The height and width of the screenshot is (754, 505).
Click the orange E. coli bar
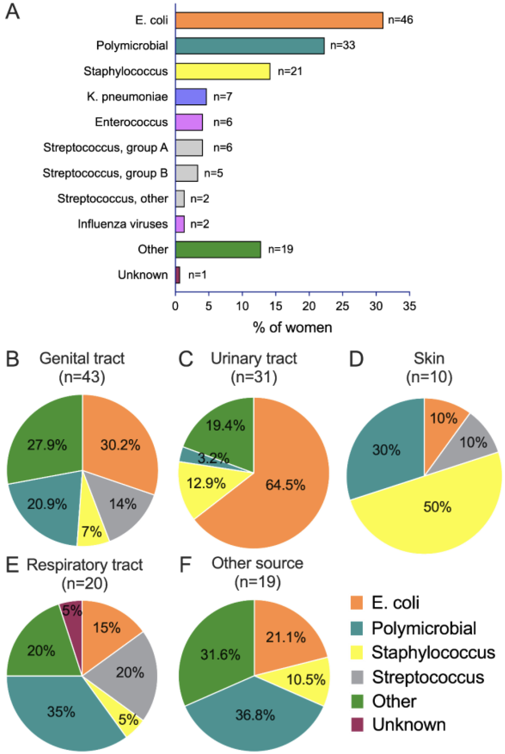click(x=279, y=20)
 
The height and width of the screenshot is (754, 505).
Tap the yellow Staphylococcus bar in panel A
click(x=223, y=71)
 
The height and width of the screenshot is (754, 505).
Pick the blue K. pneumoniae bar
click(x=191, y=97)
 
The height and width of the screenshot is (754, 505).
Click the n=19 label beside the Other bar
click(x=280, y=249)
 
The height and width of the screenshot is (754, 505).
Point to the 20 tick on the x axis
click(x=309, y=306)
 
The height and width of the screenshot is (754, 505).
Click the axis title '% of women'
click(x=292, y=327)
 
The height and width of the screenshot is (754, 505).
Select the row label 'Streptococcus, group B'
click(x=105, y=173)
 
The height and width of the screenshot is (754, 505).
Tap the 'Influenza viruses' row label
click(x=122, y=224)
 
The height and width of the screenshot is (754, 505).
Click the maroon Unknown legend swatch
click(x=357, y=725)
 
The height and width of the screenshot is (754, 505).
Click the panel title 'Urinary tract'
click(x=254, y=358)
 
